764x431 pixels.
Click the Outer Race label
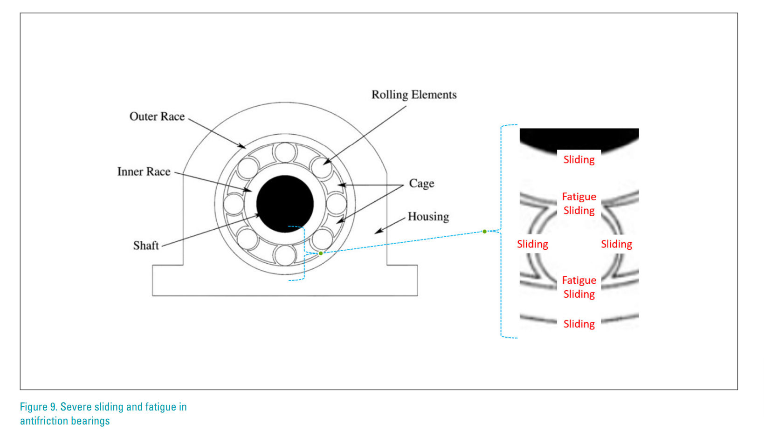pyautogui.click(x=157, y=116)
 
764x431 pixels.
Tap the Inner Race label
pyautogui.click(x=144, y=172)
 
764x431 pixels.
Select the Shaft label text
pyautogui.click(x=146, y=246)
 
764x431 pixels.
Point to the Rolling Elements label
pyautogui.click(x=414, y=95)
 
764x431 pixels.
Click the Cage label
pyautogui.click(x=421, y=184)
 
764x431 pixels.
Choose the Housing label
pyautogui.click(x=428, y=217)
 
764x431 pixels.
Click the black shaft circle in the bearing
pyautogui.click(x=285, y=204)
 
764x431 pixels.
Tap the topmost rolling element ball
pyautogui.click(x=285, y=152)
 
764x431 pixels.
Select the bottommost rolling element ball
pyautogui.click(x=285, y=255)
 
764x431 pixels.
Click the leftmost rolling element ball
pyautogui.click(x=234, y=204)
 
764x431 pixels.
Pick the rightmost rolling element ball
pyautogui.click(x=336, y=204)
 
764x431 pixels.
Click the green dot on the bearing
pyautogui.click(x=321, y=253)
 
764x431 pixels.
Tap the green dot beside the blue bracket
pyautogui.click(x=485, y=232)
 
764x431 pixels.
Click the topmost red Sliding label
pyautogui.click(x=579, y=160)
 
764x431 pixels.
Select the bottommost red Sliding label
pyautogui.click(x=579, y=324)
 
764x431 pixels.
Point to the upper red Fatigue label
pyautogui.click(x=579, y=197)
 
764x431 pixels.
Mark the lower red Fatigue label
pyautogui.click(x=579, y=280)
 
